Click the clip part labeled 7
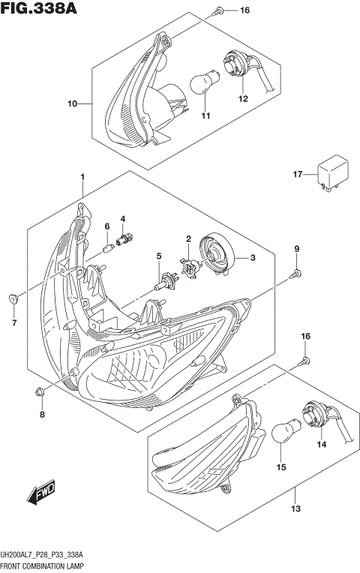13,300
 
